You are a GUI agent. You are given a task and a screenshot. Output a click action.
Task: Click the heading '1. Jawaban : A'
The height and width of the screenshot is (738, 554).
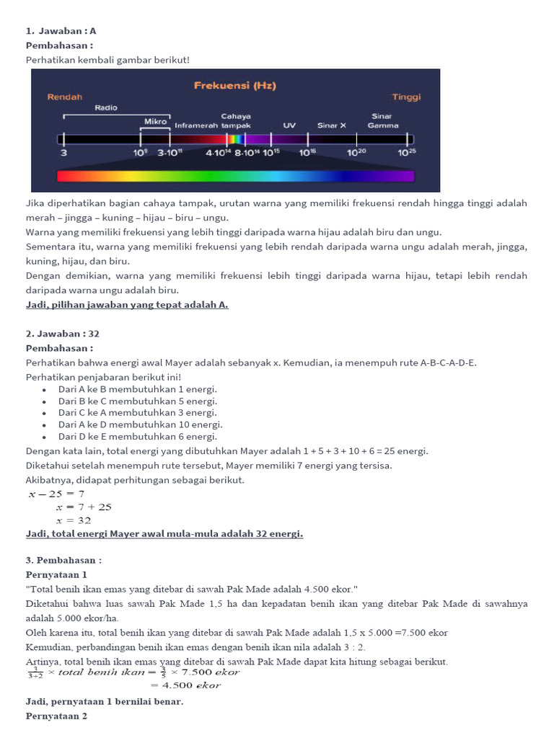pyautogui.click(x=61, y=31)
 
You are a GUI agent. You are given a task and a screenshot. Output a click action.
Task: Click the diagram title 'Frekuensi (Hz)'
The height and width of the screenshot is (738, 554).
pyautogui.click(x=234, y=86)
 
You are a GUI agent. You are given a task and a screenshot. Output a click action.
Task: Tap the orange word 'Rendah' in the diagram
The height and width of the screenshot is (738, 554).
pyautogui.click(x=65, y=97)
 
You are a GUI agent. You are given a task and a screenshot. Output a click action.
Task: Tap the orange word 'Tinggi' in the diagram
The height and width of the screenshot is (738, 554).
pyautogui.click(x=406, y=97)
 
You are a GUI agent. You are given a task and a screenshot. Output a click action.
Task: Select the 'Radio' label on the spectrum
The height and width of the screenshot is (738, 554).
pyautogui.click(x=105, y=107)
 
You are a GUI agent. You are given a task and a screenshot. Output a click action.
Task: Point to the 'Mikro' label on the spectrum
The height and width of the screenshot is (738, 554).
pyautogui.click(x=155, y=122)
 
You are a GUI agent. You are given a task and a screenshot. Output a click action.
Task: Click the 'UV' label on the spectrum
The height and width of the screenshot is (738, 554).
pyautogui.click(x=289, y=125)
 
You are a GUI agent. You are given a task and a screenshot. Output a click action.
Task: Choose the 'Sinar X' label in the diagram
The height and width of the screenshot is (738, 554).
pyautogui.click(x=332, y=125)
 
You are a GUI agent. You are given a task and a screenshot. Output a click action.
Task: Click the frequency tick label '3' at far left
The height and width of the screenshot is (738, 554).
pyautogui.click(x=63, y=153)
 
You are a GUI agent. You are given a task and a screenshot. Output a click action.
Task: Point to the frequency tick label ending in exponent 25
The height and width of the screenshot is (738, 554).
pyautogui.click(x=407, y=153)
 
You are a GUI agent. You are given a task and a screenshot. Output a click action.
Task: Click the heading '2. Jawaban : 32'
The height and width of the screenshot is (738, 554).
pyautogui.click(x=63, y=334)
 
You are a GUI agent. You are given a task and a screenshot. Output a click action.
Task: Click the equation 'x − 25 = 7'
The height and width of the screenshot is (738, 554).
pyautogui.click(x=56, y=494)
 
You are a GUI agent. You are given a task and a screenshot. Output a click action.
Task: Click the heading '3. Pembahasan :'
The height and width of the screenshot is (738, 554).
pyautogui.click(x=63, y=560)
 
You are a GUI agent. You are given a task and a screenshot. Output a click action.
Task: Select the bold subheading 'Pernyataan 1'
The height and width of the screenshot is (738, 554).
pyautogui.click(x=56, y=574)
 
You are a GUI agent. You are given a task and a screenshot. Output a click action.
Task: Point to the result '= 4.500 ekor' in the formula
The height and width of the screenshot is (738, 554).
pyautogui.click(x=191, y=685)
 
